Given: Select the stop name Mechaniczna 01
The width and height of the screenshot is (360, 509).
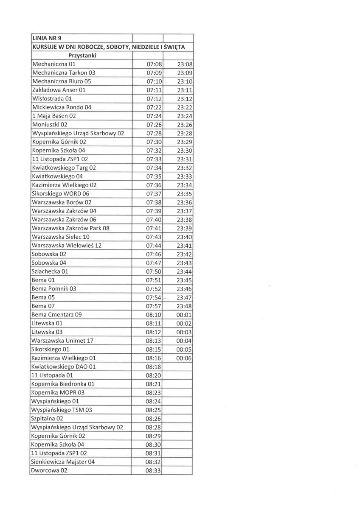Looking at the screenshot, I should (x=53, y=64).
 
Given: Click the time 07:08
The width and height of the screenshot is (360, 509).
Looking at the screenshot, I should (x=152, y=64).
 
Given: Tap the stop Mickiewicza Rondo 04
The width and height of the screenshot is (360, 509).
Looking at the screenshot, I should (x=62, y=107).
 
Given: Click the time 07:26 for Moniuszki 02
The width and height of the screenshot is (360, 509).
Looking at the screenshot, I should (x=152, y=125).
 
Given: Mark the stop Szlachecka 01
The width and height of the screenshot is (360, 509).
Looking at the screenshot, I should (x=50, y=271).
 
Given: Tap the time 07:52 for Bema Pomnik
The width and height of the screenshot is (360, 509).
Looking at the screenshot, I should (x=152, y=289).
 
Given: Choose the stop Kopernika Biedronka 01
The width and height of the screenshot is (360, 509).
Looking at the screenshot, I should (x=63, y=384).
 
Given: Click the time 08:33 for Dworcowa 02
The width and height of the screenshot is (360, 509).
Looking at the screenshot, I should (x=152, y=470).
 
